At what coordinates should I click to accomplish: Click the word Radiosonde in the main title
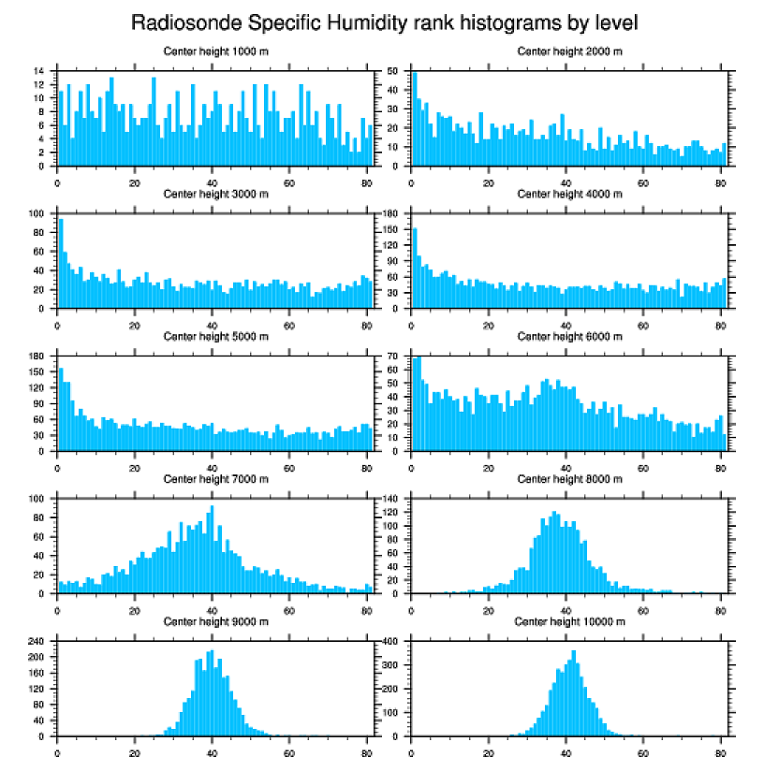tap(184, 22)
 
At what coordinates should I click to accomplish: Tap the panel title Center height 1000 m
tap(215, 51)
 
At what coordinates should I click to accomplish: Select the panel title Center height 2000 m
tap(569, 51)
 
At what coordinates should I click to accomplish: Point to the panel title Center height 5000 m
tap(215, 336)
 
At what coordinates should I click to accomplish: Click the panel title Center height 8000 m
tap(569, 479)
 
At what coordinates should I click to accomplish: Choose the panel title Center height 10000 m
tap(569, 621)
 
